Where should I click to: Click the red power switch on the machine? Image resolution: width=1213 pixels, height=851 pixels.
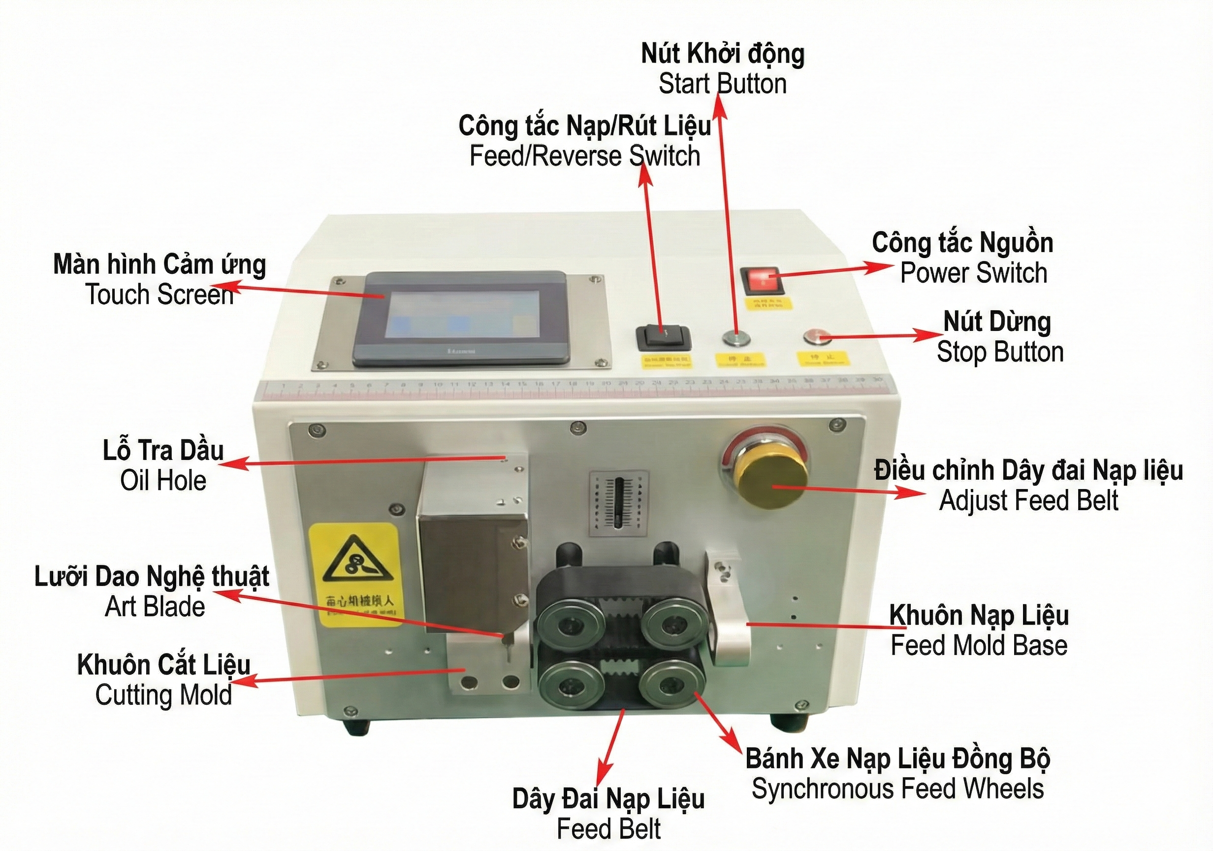click(760, 281)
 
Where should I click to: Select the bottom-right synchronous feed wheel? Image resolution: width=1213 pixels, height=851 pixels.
click(671, 687)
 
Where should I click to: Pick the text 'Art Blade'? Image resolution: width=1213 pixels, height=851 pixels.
click(155, 606)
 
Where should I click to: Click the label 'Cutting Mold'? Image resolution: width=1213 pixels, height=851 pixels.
click(163, 695)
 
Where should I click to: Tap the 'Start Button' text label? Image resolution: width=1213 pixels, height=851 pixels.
click(722, 84)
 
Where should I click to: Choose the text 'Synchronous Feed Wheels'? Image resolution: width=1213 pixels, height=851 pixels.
click(897, 789)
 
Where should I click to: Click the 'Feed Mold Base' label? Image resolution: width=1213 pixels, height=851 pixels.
click(979, 645)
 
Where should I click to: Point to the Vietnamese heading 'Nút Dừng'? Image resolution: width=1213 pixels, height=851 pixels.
click(997, 322)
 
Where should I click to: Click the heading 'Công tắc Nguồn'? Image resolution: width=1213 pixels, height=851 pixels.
click(962, 243)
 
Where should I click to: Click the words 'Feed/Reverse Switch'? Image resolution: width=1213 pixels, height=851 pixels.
click(585, 157)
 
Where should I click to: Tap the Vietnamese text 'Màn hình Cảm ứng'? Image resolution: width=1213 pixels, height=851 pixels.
click(160, 264)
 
